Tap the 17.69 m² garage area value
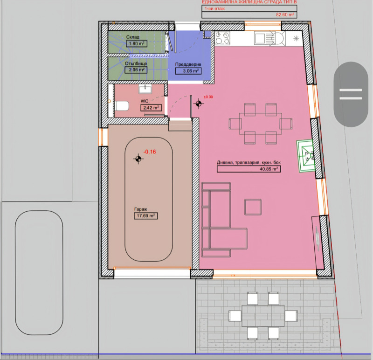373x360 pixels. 145,216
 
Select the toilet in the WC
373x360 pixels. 122,106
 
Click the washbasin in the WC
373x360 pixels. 145,89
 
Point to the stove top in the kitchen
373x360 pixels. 222,38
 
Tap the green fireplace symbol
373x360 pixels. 306,156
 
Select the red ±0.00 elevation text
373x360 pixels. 208,97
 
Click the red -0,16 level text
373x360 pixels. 150,152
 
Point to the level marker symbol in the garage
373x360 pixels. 138,159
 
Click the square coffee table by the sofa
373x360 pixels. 253,207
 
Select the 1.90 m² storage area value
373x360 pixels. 137,44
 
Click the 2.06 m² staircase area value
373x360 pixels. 136,70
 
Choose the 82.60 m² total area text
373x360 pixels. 285,15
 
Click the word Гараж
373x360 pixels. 141,209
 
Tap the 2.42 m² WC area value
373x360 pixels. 151,108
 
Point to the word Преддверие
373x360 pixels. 188,64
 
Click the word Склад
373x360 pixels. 133,37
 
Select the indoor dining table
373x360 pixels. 261,124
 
